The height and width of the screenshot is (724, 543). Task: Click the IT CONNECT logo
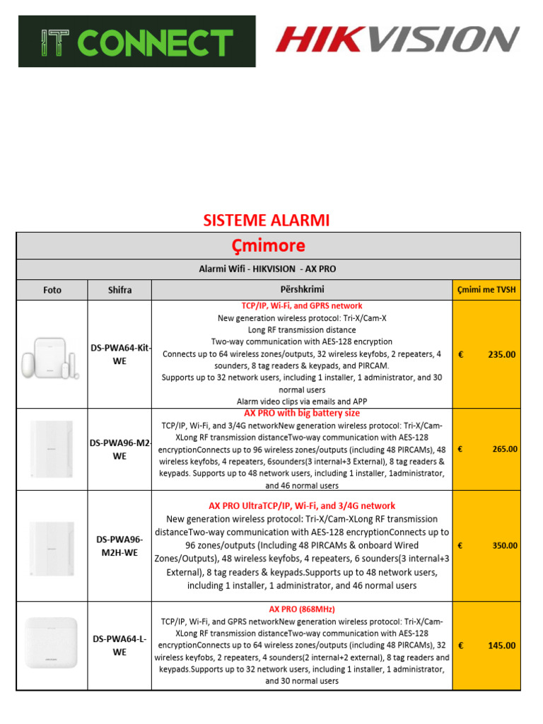coord(137,42)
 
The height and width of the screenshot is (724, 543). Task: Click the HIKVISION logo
coord(397,40)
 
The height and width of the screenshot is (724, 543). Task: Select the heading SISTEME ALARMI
coord(267,220)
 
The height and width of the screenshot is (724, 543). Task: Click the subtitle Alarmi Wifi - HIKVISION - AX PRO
coord(267,270)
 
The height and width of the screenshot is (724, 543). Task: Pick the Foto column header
coord(52,290)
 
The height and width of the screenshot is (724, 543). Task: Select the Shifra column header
coord(119,290)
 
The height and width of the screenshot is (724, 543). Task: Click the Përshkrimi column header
coord(302,290)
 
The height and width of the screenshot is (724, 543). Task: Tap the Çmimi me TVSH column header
coord(486,290)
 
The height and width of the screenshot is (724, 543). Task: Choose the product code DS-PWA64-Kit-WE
coord(119,354)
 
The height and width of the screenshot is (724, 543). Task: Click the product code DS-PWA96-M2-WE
coord(119,450)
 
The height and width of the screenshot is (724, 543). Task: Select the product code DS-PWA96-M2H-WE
coord(119,545)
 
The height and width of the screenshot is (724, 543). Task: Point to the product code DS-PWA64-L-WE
coord(119,646)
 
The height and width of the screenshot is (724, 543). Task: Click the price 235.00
coord(501,354)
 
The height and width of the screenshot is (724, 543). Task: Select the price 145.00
coord(501,646)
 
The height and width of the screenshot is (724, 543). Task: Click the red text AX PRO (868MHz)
coord(302,609)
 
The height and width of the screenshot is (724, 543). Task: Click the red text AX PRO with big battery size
coord(302,413)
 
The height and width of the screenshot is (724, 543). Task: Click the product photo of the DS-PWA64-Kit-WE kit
coord(52,355)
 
